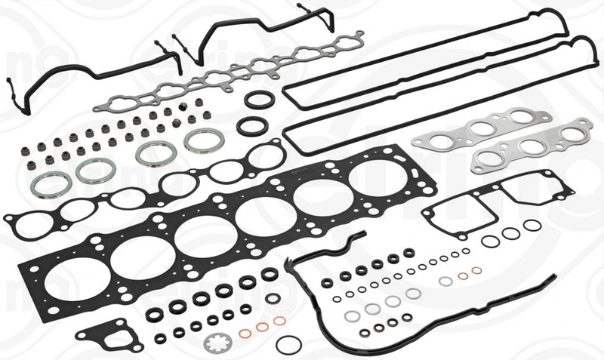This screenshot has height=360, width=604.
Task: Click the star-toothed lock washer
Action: click(217, 343)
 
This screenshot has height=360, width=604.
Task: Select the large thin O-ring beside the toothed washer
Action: click(288, 344)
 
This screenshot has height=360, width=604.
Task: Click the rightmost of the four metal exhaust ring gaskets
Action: click(199, 140)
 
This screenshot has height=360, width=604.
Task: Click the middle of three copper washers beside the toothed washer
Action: click(263, 326)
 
